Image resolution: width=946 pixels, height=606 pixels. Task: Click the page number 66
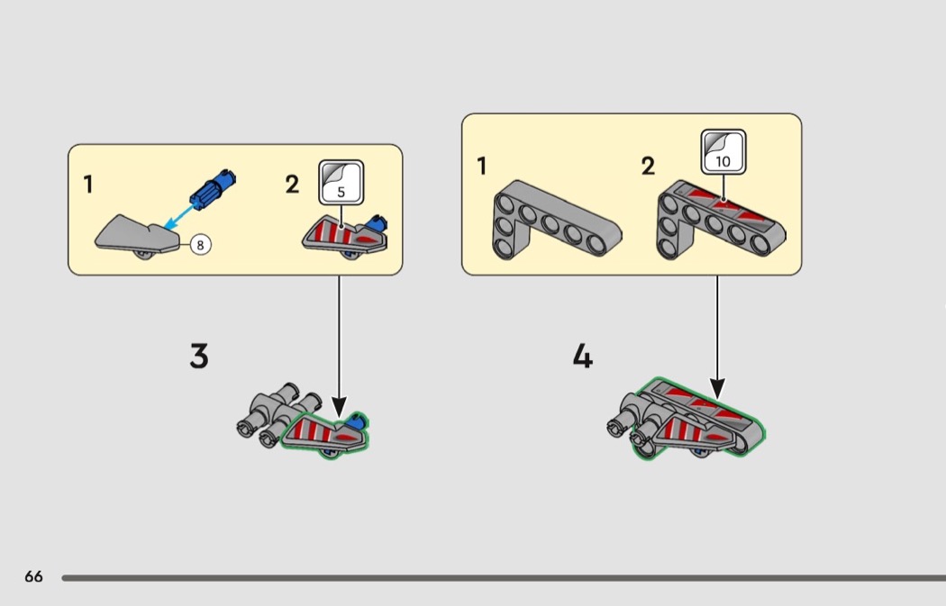[x=33, y=577]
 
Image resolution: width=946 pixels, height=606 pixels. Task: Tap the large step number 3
[x=199, y=357]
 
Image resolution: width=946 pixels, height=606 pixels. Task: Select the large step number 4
[x=583, y=357]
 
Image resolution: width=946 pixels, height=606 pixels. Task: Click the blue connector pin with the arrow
[x=213, y=188]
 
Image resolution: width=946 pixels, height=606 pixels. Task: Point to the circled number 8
[x=199, y=243]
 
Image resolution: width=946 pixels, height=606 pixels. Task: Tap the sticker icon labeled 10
[x=723, y=151]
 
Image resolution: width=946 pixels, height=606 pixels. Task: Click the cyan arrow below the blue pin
[x=177, y=216]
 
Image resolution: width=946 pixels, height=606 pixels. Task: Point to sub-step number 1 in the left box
[x=88, y=185]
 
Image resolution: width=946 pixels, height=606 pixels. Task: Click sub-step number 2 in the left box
[x=292, y=185]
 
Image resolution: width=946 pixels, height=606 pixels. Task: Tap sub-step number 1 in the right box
[x=482, y=166]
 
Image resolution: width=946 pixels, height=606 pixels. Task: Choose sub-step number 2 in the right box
[x=648, y=166]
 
